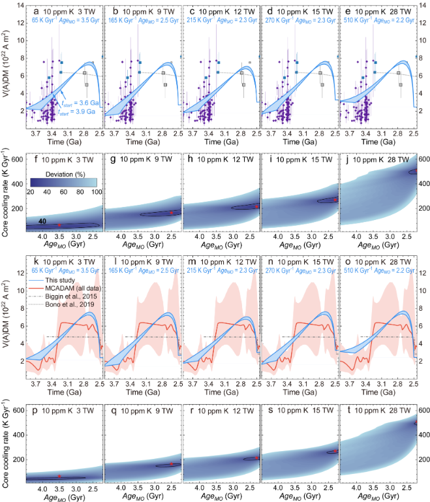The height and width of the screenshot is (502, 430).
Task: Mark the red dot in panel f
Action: [x=59, y=225]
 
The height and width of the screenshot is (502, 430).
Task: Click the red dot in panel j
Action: [x=410, y=171]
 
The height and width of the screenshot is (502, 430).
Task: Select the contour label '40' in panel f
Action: [x=41, y=221]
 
